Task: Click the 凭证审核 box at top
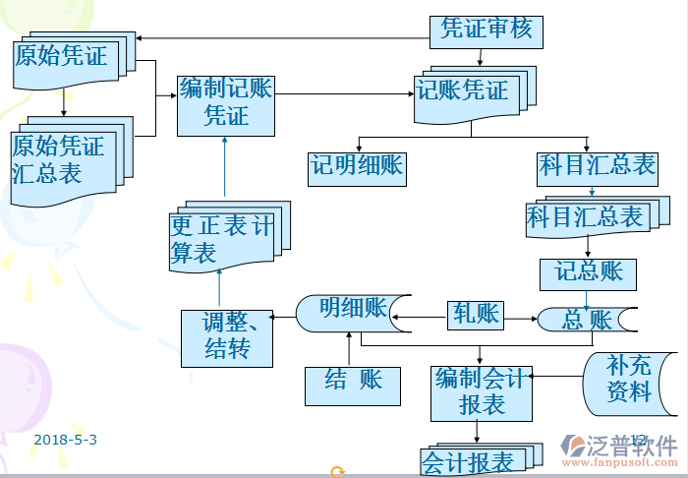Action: (x=487, y=30)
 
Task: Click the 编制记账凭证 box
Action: (x=225, y=104)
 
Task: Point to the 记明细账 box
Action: (x=357, y=166)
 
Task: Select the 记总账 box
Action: (x=588, y=271)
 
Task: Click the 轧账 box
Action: (x=476, y=316)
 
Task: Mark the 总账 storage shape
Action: (x=587, y=321)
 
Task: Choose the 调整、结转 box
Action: (x=225, y=337)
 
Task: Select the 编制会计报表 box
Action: (x=481, y=390)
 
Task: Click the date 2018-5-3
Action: (x=65, y=440)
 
